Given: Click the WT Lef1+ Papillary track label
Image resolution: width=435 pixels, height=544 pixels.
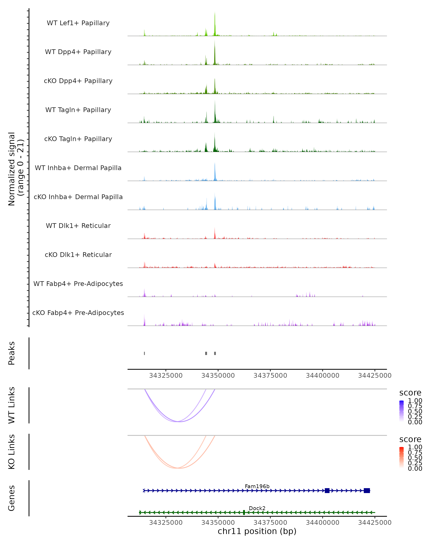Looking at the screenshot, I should tap(78, 23).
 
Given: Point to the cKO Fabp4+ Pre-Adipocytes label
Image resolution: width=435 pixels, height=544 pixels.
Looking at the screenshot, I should tap(78, 313).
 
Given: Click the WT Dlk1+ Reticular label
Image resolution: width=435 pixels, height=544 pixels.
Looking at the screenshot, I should tap(78, 226).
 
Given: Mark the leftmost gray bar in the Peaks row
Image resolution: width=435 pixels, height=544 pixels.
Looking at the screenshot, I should tap(144, 353).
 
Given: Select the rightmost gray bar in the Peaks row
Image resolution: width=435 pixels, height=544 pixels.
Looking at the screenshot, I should tap(215, 353).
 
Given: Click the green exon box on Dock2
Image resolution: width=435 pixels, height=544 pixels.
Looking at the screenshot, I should tap(244, 512).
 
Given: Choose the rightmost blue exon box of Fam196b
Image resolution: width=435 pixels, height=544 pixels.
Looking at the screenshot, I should tap(367, 491).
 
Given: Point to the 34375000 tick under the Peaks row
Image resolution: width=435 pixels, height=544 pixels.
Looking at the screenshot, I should tap(270, 376).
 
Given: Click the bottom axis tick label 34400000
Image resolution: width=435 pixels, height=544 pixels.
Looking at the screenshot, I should tap(322, 523).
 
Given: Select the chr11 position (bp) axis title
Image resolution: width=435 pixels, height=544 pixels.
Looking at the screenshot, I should tap(257, 531).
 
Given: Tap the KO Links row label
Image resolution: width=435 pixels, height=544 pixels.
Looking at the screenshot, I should tap(12, 452).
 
